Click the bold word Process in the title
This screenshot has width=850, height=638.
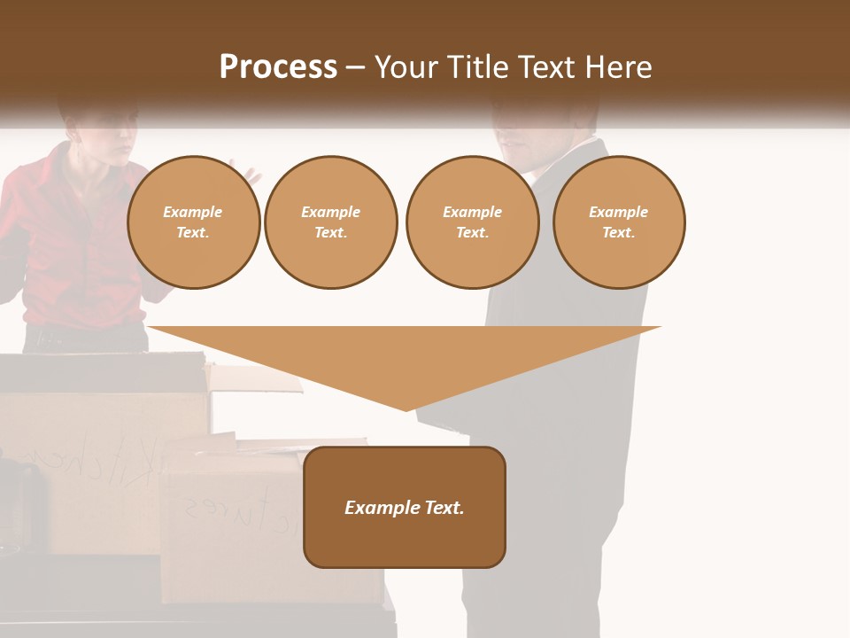coord(278,67)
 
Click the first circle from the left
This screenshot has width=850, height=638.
coord(194,222)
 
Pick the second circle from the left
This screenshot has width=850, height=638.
coord(331,222)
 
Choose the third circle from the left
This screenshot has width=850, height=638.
coord(472,222)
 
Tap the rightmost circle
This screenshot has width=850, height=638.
coord(619,222)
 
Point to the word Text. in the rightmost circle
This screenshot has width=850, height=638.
coord(619,233)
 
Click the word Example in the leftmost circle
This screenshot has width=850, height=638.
coord(193,212)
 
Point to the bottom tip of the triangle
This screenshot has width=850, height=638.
coord(406,408)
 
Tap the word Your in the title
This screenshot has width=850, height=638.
coord(404,67)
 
